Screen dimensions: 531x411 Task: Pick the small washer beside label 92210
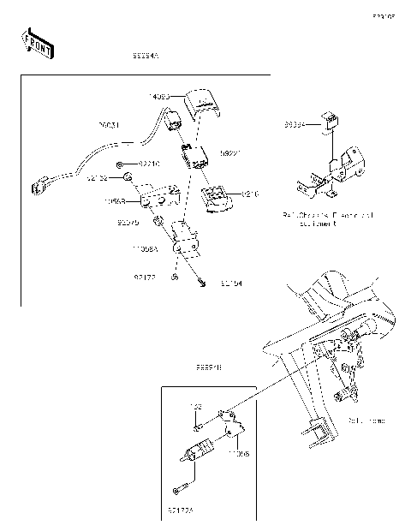pyautogui.click(x=123, y=164)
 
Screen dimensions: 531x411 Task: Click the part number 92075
pyautogui.click(x=128, y=222)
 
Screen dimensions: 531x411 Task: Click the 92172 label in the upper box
pyautogui.click(x=145, y=277)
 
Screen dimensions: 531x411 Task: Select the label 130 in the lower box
pyautogui.click(x=194, y=406)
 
